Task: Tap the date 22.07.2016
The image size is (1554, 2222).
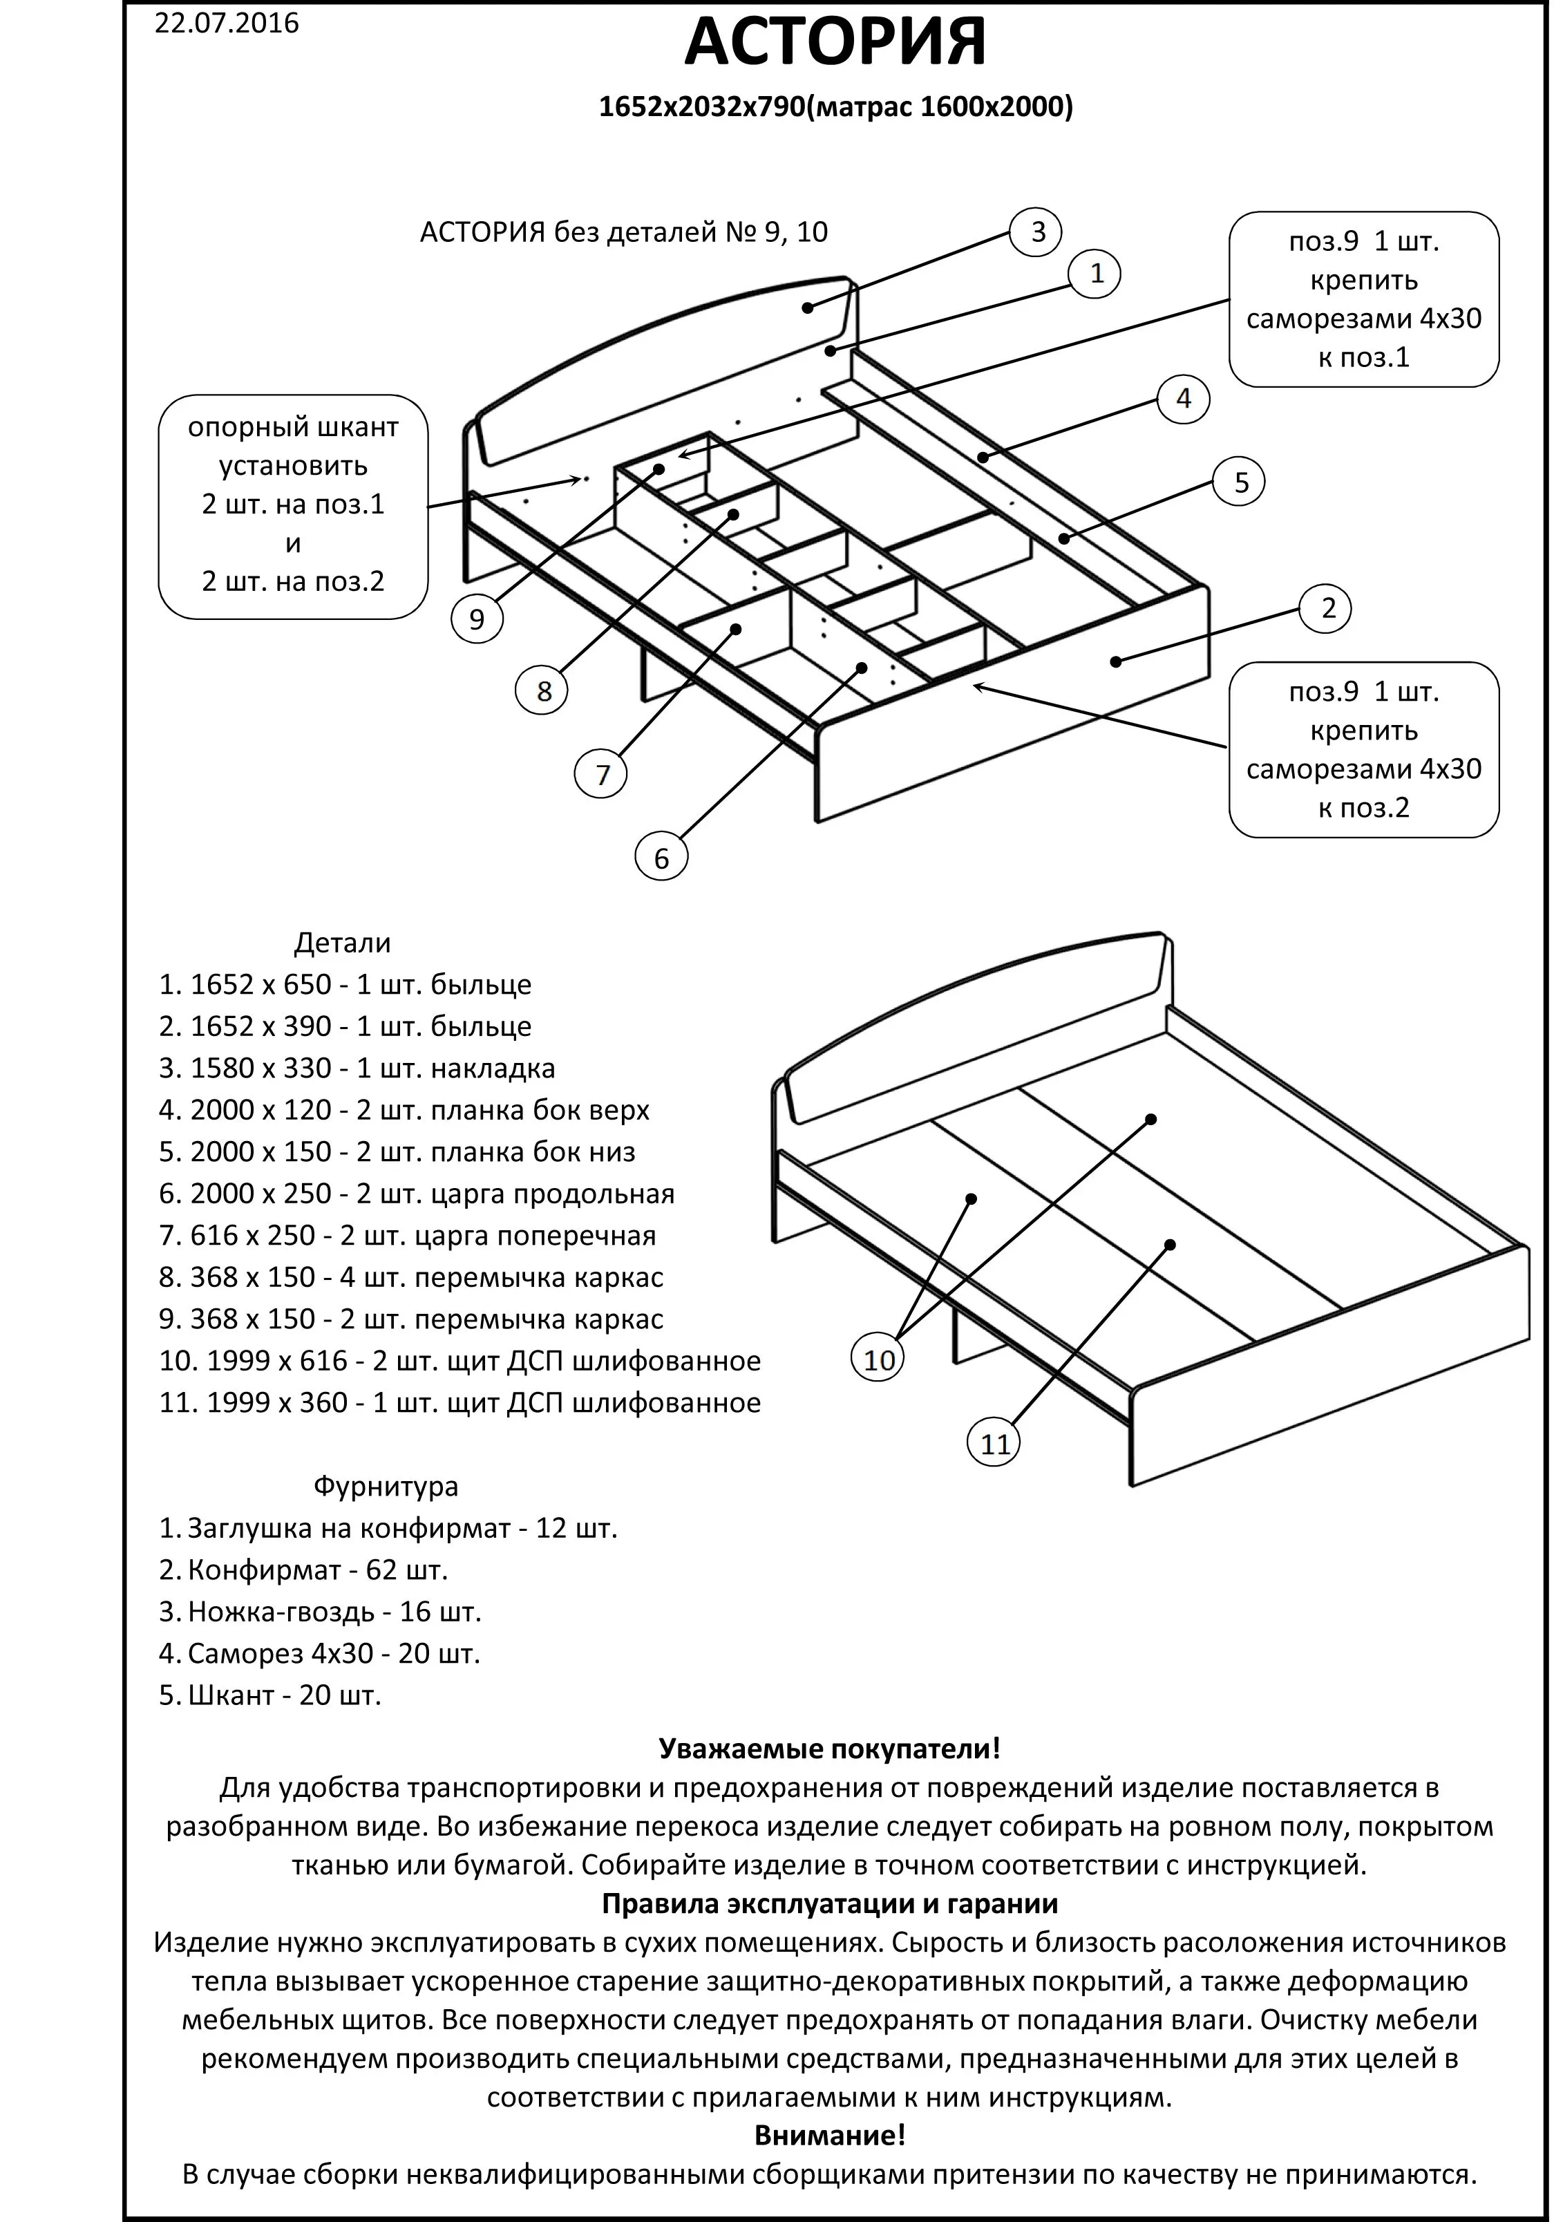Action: (227, 23)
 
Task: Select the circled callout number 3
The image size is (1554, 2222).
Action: (1036, 232)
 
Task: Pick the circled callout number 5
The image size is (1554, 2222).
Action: (1240, 482)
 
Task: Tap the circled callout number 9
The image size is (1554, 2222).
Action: (477, 619)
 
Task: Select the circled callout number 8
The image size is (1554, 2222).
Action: (544, 691)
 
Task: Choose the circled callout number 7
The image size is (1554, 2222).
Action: (602, 774)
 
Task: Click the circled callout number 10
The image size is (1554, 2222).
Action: (879, 1359)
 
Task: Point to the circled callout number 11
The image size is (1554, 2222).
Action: (995, 1444)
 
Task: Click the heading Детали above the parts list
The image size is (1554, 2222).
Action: (343, 943)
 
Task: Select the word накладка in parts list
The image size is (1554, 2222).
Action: (493, 1068)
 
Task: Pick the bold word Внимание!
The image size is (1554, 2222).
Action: (829, 2134)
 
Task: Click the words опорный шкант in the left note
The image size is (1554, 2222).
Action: (293, 427)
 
